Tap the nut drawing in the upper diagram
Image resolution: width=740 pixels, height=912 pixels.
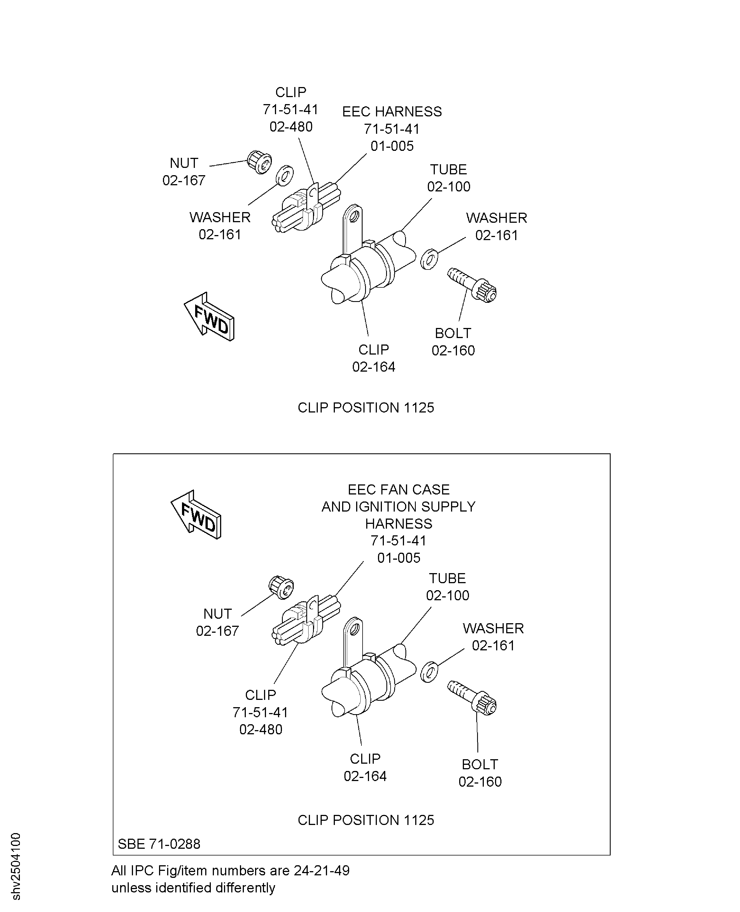(x=260, y=161)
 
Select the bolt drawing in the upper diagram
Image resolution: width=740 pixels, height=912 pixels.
(x=472, y=285)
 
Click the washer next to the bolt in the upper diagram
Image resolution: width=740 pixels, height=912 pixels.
(x=429, y=259)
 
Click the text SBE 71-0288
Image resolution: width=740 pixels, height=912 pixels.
(x=159, y=844)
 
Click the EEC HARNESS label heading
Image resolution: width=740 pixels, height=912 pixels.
(x=392, y=112)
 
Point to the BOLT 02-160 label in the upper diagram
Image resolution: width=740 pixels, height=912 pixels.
(x=453, y=342)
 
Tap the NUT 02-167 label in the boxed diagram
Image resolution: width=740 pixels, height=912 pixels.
(x=217, y=622)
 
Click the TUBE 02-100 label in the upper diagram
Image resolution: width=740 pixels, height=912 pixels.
(x=449, y=178)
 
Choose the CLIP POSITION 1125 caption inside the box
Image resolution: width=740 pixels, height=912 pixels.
(x=366, y=820)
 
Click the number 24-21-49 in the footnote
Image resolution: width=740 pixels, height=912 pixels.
(x=322, y=870)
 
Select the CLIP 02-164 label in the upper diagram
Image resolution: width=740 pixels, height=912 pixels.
(x=374, y=358)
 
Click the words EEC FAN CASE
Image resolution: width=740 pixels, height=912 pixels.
(x=399, y=489)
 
